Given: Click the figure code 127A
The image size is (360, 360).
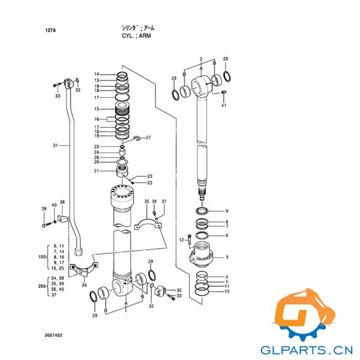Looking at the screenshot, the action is click(50, 31).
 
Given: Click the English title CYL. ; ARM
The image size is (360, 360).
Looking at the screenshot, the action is click(136, 36).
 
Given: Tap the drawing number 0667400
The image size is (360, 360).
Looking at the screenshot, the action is click(53, 335).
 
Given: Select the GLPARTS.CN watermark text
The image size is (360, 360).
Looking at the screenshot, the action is click(307, 350).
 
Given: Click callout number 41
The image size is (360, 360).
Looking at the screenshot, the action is click(224, 105).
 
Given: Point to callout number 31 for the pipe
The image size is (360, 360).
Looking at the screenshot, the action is click(55, 145).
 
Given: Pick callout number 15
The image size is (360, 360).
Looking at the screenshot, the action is click(97, 109).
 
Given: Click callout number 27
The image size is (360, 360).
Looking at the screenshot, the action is click(148, 137).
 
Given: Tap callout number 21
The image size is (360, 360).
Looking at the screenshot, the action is click(97, 171).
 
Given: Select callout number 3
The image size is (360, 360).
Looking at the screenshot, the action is click(227, 257).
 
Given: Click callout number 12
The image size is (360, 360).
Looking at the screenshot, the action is click(181, 240).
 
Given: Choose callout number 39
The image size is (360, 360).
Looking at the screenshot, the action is click(44, 209).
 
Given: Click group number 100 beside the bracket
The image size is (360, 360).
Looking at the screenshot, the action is click(42, 257).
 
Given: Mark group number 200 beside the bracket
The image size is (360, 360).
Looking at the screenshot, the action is click(42, 286).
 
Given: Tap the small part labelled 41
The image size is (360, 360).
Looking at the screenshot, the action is click(224, 92).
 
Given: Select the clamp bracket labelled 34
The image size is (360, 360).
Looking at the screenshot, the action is click(83, 271).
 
